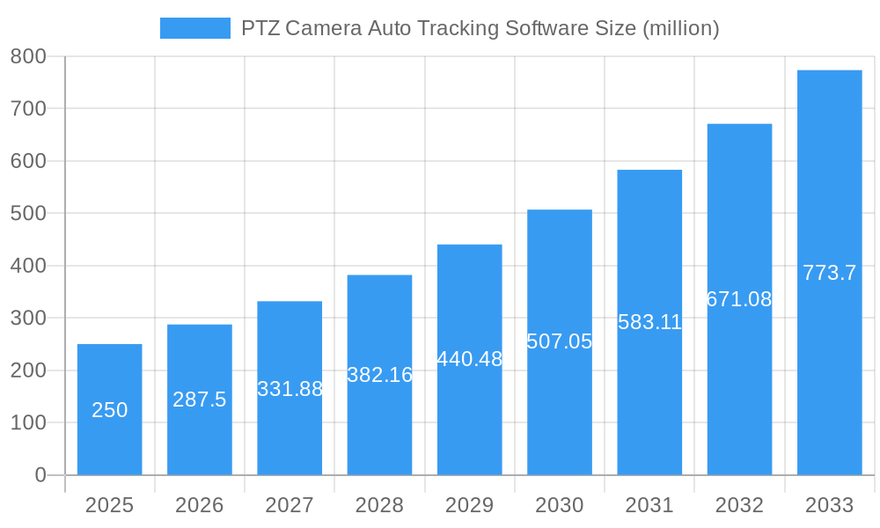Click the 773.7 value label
(829, 273)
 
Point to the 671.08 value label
(739, 299)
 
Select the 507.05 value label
(559, 341)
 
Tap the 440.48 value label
(469, 359)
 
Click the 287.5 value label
(200, 400)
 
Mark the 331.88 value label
(290, 389)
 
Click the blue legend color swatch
(194, 28)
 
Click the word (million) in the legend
(680, 28)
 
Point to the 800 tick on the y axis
(28, 56)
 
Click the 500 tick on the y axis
(28, 213)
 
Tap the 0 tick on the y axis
(40, 475)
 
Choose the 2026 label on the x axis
(200, 505)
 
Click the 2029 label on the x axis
(469, 505)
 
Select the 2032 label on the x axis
(739, 505)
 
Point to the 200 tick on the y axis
(28, 370)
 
